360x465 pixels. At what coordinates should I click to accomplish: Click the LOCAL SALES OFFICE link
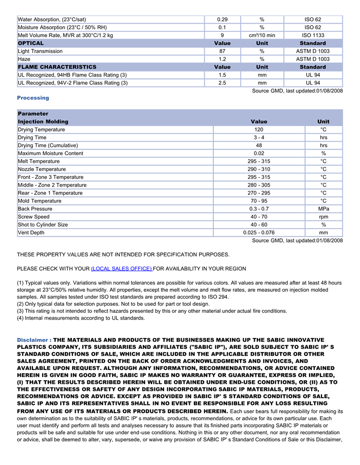121,269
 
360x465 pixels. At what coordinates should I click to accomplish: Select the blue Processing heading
33,98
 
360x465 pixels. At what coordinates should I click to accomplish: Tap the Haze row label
24,59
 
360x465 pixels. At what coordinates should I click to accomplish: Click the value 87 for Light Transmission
222,51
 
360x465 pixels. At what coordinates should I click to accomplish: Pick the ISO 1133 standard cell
313,35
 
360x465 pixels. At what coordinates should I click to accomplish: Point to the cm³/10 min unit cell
262,35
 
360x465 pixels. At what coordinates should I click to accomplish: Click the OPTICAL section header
31,43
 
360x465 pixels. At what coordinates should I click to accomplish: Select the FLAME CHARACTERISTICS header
57,67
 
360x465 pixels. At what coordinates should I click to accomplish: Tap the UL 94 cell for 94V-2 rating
313,83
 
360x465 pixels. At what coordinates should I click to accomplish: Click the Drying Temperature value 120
259,129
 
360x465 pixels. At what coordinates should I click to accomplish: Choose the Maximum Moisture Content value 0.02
259,153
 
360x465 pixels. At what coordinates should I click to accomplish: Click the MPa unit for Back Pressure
323,209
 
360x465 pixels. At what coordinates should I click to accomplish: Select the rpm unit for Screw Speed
323,217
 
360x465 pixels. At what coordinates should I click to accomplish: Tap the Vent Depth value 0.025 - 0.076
259,233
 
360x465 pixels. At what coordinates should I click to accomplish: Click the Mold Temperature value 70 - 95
259,201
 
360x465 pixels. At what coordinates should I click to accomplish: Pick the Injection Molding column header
43,122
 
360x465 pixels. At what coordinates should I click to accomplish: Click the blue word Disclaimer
33,340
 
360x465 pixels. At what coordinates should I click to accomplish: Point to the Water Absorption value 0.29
222,20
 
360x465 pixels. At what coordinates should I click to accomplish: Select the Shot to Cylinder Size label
43,225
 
